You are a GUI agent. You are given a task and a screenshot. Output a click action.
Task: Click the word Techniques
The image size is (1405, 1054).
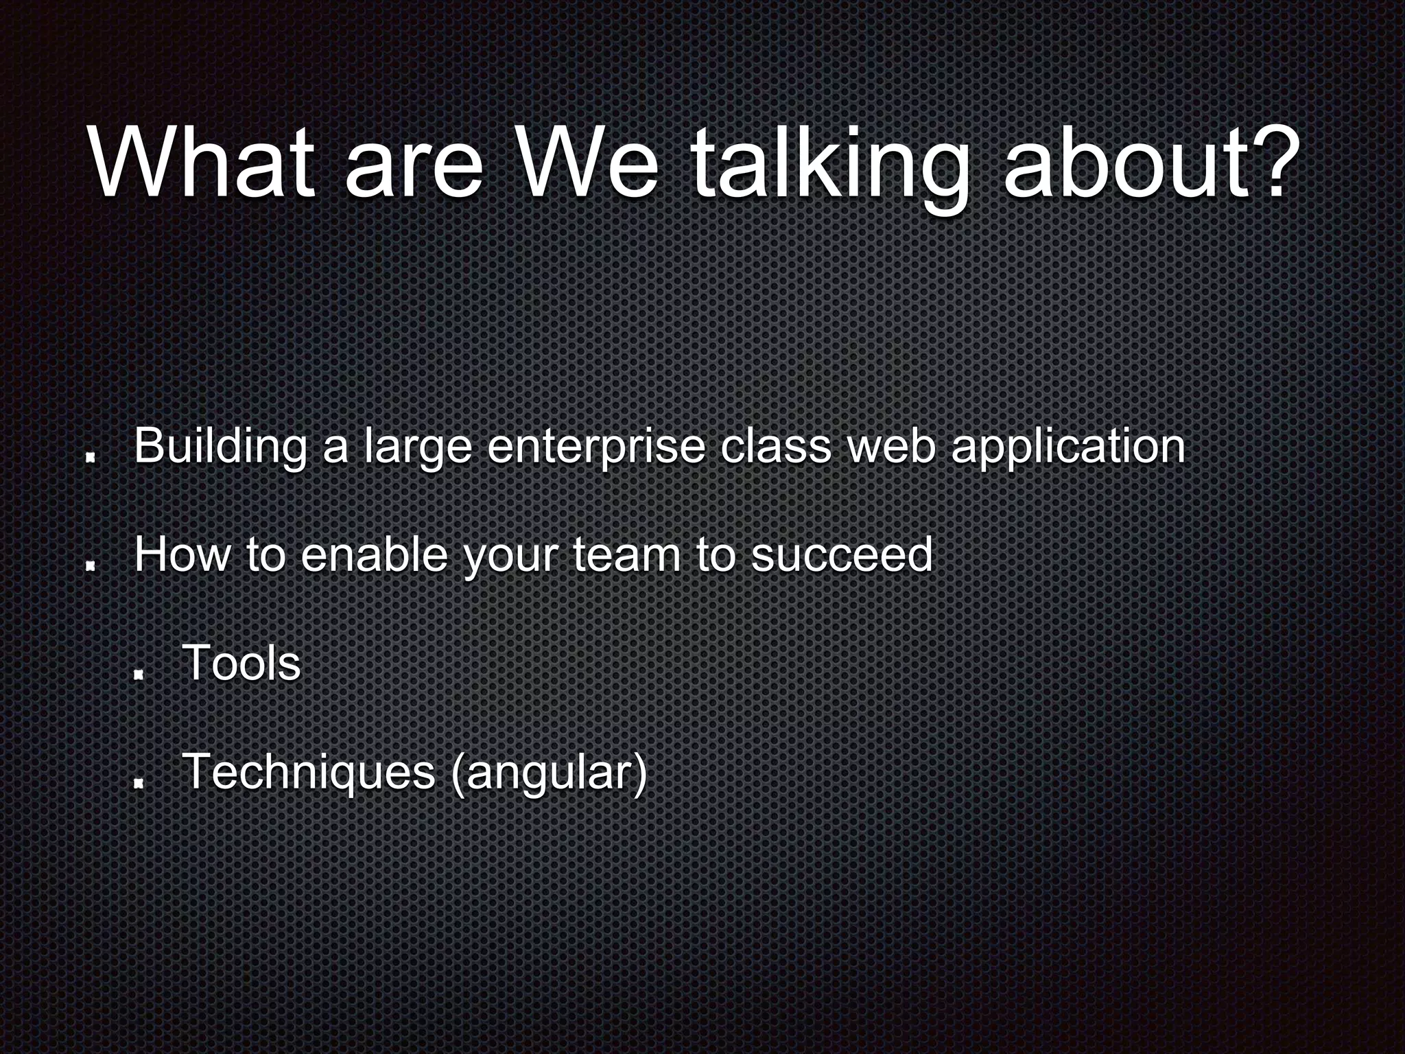(x=309, y=771)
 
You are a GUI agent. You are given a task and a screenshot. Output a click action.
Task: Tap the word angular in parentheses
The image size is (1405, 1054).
(x=549, y=773)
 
